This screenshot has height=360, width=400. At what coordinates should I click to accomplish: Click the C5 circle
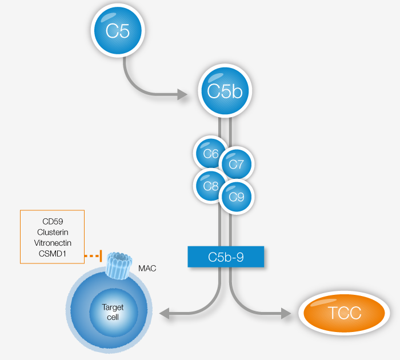118,31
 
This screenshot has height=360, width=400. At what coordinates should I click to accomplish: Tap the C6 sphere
211,154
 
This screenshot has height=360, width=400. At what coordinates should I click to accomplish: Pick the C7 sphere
236,165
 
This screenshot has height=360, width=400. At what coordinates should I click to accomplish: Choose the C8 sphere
211,186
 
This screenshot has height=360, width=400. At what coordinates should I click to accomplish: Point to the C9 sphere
236,197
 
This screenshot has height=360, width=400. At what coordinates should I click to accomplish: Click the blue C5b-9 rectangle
226,257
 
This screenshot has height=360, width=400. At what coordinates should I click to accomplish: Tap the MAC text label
147,267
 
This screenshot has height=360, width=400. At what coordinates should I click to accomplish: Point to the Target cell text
113,312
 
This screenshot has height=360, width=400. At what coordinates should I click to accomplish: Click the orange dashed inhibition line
92,256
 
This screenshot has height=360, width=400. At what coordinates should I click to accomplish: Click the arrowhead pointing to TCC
286,313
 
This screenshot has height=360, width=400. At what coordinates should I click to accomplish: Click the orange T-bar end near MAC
101,256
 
